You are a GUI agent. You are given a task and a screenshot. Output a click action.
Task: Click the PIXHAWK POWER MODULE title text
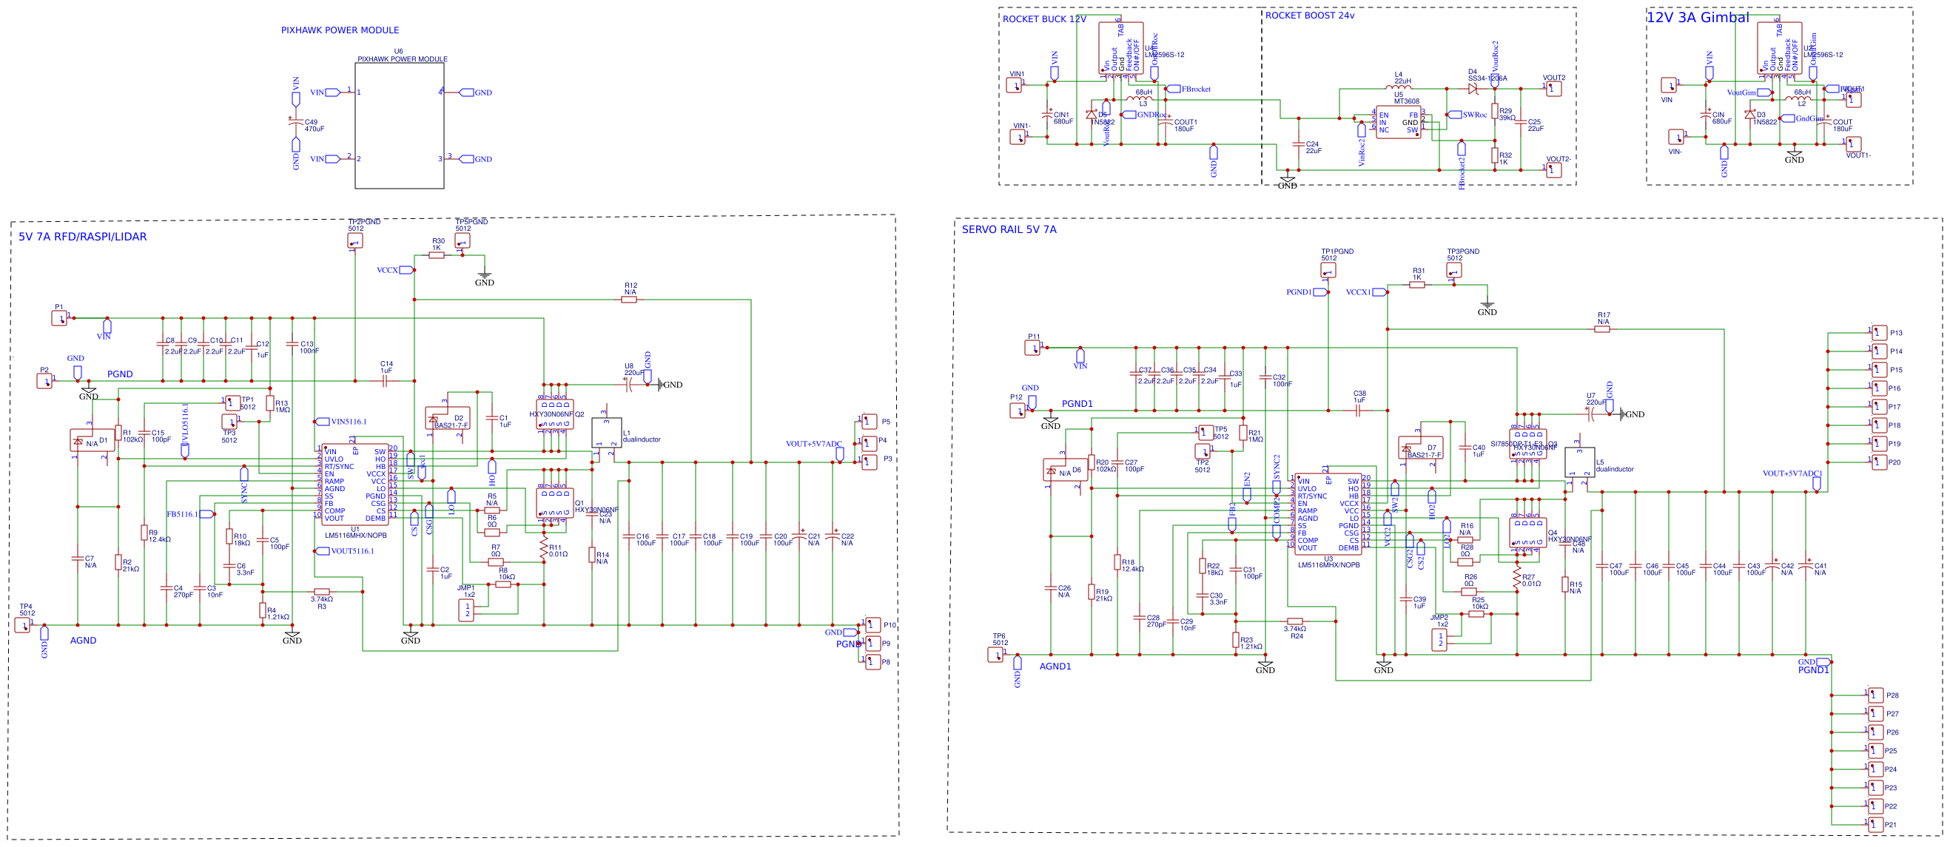click(340, 30)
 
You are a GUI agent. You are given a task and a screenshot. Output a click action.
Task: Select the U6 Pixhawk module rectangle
click(399, 126)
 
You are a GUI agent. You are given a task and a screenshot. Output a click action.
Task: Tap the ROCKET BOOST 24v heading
click(1310, 15)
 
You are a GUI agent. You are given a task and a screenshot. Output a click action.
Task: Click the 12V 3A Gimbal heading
click(1697, 18)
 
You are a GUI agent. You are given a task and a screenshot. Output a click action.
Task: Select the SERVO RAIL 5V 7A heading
click(1009, 229)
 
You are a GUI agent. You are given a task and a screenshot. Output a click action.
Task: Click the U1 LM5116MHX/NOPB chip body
click(355, 485)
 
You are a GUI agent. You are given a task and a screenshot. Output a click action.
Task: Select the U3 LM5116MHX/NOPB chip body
click(1328, 514)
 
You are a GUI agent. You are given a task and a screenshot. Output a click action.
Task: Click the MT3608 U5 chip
click(1398, 123)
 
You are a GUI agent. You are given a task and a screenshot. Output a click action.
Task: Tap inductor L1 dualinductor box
click(606, 433)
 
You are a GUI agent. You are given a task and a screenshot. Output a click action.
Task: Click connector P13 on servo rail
click(1879, 332)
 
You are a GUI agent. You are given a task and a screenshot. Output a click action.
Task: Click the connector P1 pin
click(59, 319)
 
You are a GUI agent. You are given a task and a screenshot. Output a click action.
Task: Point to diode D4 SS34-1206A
click(1473, 89)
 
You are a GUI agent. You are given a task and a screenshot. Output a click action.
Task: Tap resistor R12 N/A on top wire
click(629, 300)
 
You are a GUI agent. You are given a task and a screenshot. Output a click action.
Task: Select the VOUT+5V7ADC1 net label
click(1792, 474)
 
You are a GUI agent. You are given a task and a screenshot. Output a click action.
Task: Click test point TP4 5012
click(23, 625)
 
